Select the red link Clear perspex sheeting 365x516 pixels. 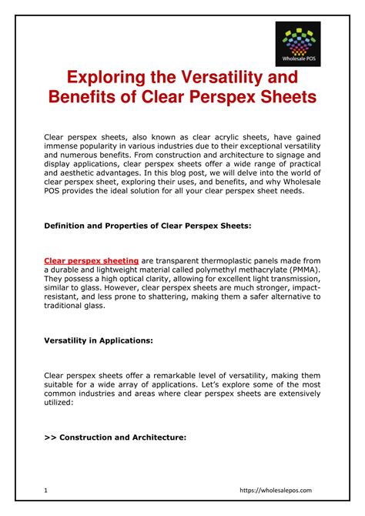[x=92, y=261]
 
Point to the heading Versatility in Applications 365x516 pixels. [x=98, y=339]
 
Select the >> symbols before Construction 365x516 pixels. [x=50, y=436]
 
